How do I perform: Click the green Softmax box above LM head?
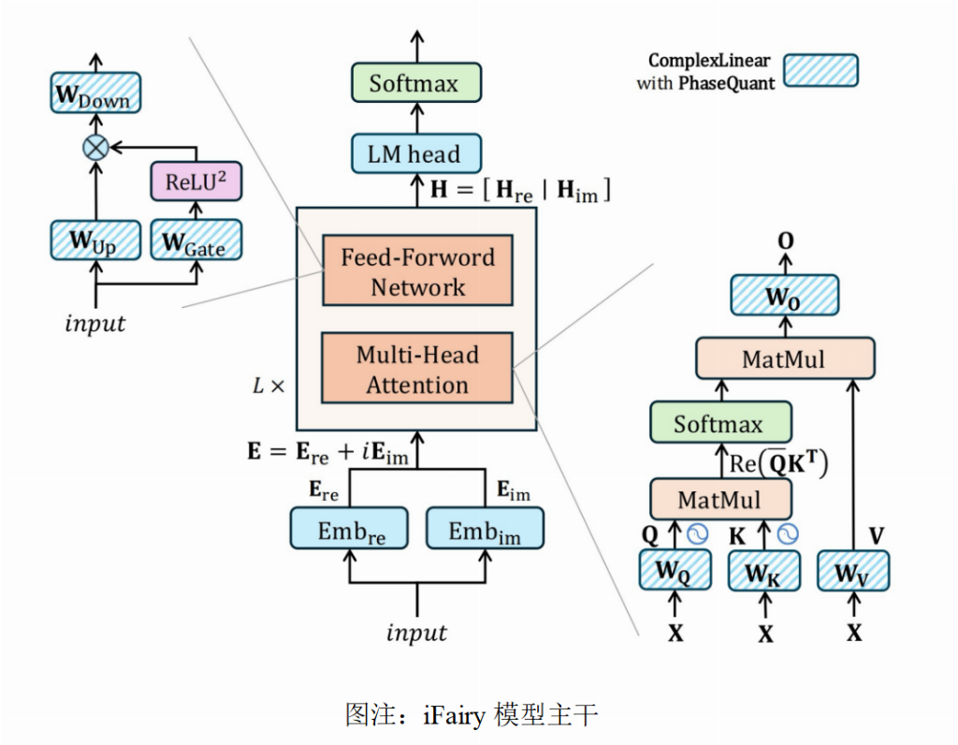[415, 83]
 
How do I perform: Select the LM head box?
[415, 154]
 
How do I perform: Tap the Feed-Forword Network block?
[417, 271]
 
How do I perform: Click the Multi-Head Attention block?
[417, 370]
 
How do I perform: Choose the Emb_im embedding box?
[485, 530]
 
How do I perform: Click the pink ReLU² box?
[196, 182]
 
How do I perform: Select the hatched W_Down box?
[91, 95]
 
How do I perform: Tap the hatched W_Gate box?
[196, 241]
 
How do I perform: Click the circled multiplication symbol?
[94, 146]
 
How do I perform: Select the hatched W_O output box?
[784, 297]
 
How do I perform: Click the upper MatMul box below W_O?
[784, 358]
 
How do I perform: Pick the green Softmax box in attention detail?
[719, 423]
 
